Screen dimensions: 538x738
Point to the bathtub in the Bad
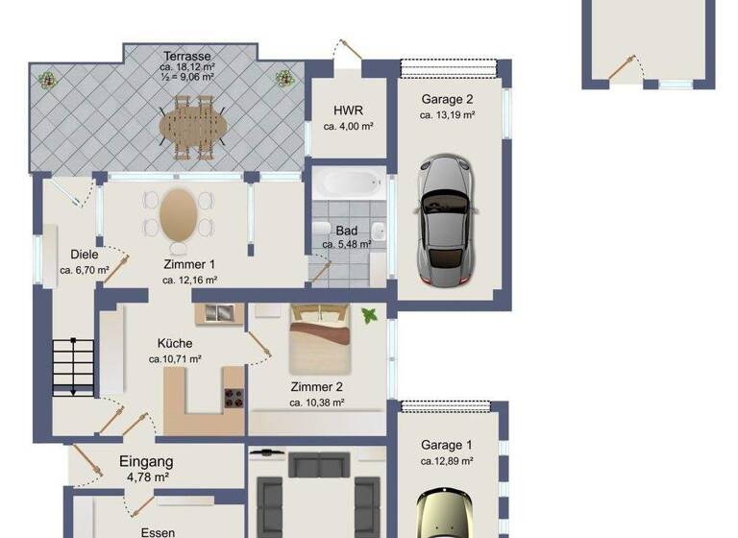point(348,184)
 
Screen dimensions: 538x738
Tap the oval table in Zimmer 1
point(179,214)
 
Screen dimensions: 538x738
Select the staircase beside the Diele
point(73,366)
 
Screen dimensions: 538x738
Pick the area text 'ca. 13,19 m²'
point(448,114)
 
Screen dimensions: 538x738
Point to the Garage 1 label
point(447,445)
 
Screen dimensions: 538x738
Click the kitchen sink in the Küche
point(219,313)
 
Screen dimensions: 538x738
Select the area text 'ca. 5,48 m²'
point(347,245)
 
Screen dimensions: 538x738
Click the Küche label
point(175,343)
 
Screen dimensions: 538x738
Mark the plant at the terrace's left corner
point(45,79)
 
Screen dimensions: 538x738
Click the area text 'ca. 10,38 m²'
point(317,403)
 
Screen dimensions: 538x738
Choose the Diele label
point(84,255)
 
